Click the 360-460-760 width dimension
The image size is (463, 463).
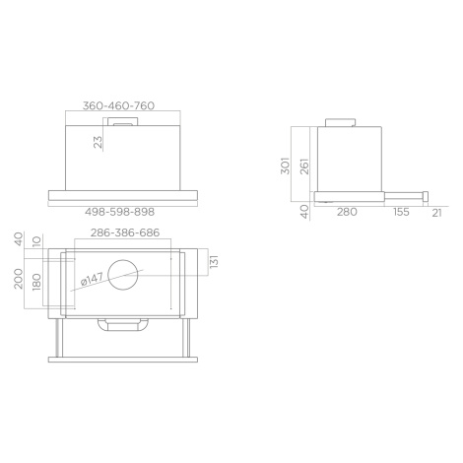point(118,105)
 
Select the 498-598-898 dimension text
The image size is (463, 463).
point(119,212)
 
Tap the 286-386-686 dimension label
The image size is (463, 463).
point(125,232)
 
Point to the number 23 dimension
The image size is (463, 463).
point(98,142)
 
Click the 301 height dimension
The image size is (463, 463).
point(286,165)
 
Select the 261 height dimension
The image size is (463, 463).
point(304,166)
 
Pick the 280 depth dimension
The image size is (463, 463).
point(347,212)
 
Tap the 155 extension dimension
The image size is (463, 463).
point(401,212)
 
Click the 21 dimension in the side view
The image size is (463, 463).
point(436,213)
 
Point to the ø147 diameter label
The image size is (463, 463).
point(93,279)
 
